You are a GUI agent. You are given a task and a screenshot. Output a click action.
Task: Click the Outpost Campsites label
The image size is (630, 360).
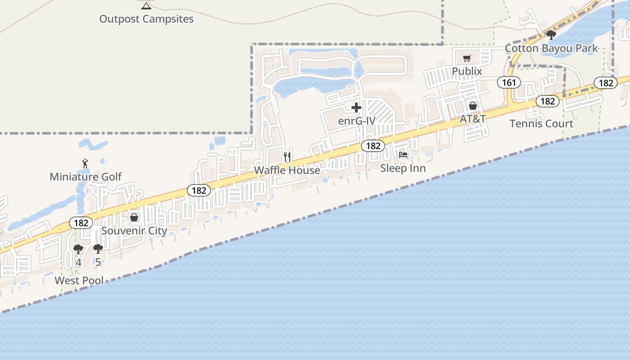coord(146,19)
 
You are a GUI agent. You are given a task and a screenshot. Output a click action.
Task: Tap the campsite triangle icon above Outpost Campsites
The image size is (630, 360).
coord(146,6)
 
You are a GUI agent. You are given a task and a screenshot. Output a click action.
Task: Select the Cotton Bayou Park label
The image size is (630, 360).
coord(551,48)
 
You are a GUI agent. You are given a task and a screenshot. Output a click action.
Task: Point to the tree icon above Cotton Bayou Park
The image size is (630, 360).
coord(551,35)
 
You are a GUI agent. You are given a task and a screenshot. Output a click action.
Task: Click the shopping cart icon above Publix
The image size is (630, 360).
coord(467,58)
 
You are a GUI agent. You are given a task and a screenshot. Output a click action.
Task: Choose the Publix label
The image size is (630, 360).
coord(467,71)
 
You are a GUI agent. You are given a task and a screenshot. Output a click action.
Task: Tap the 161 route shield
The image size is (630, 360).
coord(509,82)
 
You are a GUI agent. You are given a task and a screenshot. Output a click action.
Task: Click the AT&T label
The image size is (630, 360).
coord(472,119)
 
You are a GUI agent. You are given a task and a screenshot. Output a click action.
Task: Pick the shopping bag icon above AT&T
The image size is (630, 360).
coord(472,106)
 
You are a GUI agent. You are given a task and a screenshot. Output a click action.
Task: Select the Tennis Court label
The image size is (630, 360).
coord(541,123)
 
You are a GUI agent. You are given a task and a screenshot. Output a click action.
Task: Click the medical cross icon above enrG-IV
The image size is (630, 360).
coord(356,108)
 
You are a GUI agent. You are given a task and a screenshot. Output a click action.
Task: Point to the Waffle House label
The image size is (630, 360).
coord(287,170)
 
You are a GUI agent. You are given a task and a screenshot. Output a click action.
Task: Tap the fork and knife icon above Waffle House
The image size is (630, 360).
coord(288,157)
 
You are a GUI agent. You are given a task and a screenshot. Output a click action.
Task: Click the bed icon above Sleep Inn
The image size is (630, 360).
coord(403,155)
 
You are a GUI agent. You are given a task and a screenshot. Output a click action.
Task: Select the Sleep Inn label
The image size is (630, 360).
coord(403,168)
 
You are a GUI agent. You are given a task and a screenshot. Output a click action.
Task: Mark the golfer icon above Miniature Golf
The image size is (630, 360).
coord(85,163)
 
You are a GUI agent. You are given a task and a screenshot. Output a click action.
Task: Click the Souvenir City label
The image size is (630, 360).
coord(134,230)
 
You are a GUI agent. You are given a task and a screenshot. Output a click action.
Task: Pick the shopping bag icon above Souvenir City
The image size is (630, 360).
coord(134,218)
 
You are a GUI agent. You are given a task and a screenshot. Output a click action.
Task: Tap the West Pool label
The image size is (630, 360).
coord(79,280)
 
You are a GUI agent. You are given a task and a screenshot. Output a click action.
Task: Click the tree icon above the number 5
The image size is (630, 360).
coord(98,249)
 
